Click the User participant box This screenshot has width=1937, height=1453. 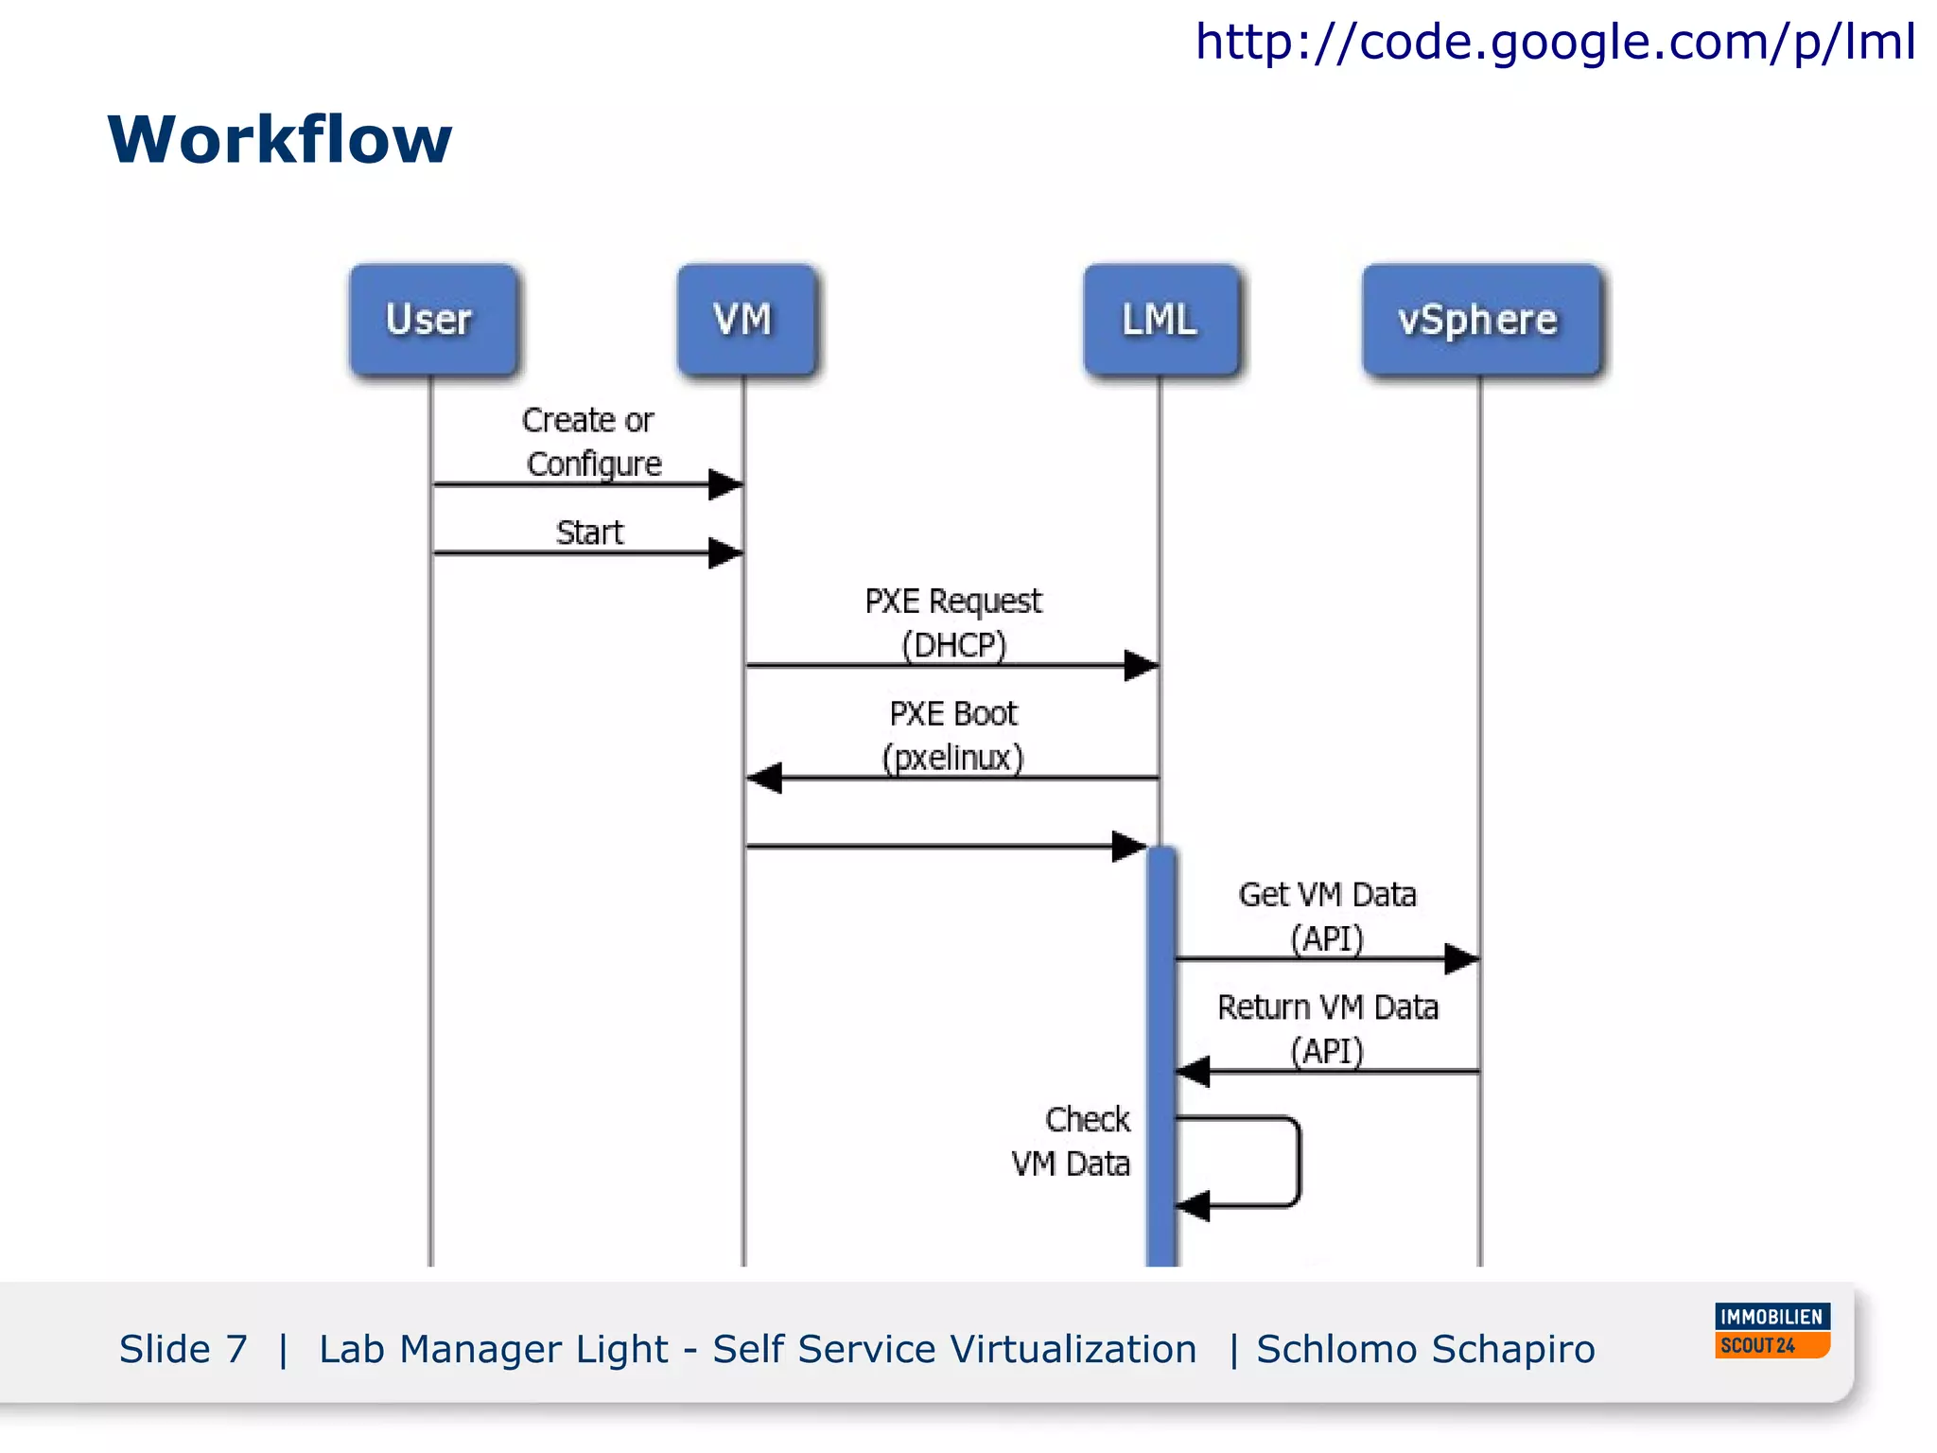point(433,320)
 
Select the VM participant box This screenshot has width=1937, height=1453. point(746,320)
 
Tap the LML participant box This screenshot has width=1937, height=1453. point(1160,320)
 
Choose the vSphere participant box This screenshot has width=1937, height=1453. point(1480,320)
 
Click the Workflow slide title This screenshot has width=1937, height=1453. point(280,140)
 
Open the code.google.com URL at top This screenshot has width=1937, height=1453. point(1555,42)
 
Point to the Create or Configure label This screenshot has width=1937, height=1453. point(591,442)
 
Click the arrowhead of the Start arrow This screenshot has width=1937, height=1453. point(726,552)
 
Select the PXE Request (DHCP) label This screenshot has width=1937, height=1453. point(953,622)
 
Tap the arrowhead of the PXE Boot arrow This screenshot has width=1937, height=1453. point(764,778)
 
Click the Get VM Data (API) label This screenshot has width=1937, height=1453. point(1327,916)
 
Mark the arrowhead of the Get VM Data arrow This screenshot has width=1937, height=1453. point(1462,958)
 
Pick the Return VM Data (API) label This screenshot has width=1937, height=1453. point(1327,1028)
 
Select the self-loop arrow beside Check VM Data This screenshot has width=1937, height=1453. point(1298,1162)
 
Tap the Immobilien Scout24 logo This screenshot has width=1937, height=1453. point(1772,1330)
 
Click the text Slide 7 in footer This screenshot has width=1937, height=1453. point(183,1349)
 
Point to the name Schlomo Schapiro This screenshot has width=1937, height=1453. point(1425,1349)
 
